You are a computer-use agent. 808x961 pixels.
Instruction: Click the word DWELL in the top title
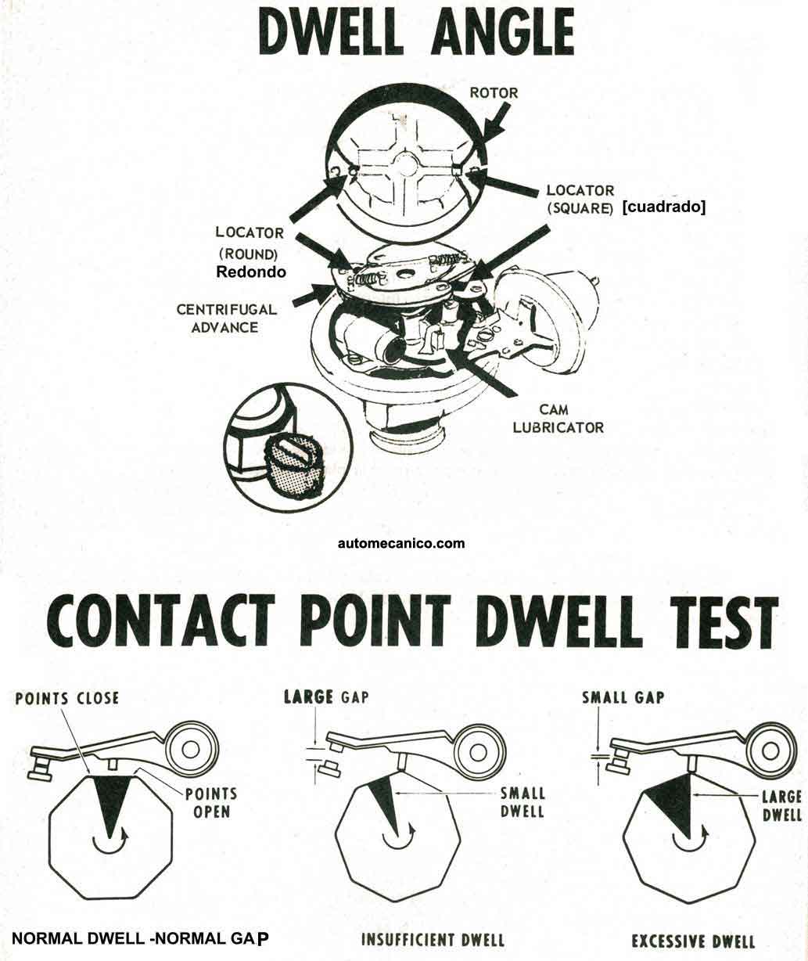tap(339, 34)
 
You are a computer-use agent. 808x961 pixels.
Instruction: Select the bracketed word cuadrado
tap(663, 207)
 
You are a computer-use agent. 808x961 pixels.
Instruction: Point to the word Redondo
tap(250, 272)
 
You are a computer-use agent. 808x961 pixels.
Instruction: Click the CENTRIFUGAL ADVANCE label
tap(227, 318)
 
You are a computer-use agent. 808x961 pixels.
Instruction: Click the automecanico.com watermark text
tap(401, 543)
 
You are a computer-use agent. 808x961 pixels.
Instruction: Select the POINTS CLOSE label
tap(67, 698)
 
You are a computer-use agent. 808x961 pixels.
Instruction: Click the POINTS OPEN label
tap(211, 801)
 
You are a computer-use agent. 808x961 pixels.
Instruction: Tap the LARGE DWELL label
tap(781, 805)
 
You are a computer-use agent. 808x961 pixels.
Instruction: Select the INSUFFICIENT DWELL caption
tap(433, 939)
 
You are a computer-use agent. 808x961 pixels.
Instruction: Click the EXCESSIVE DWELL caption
tap(693, 940)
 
